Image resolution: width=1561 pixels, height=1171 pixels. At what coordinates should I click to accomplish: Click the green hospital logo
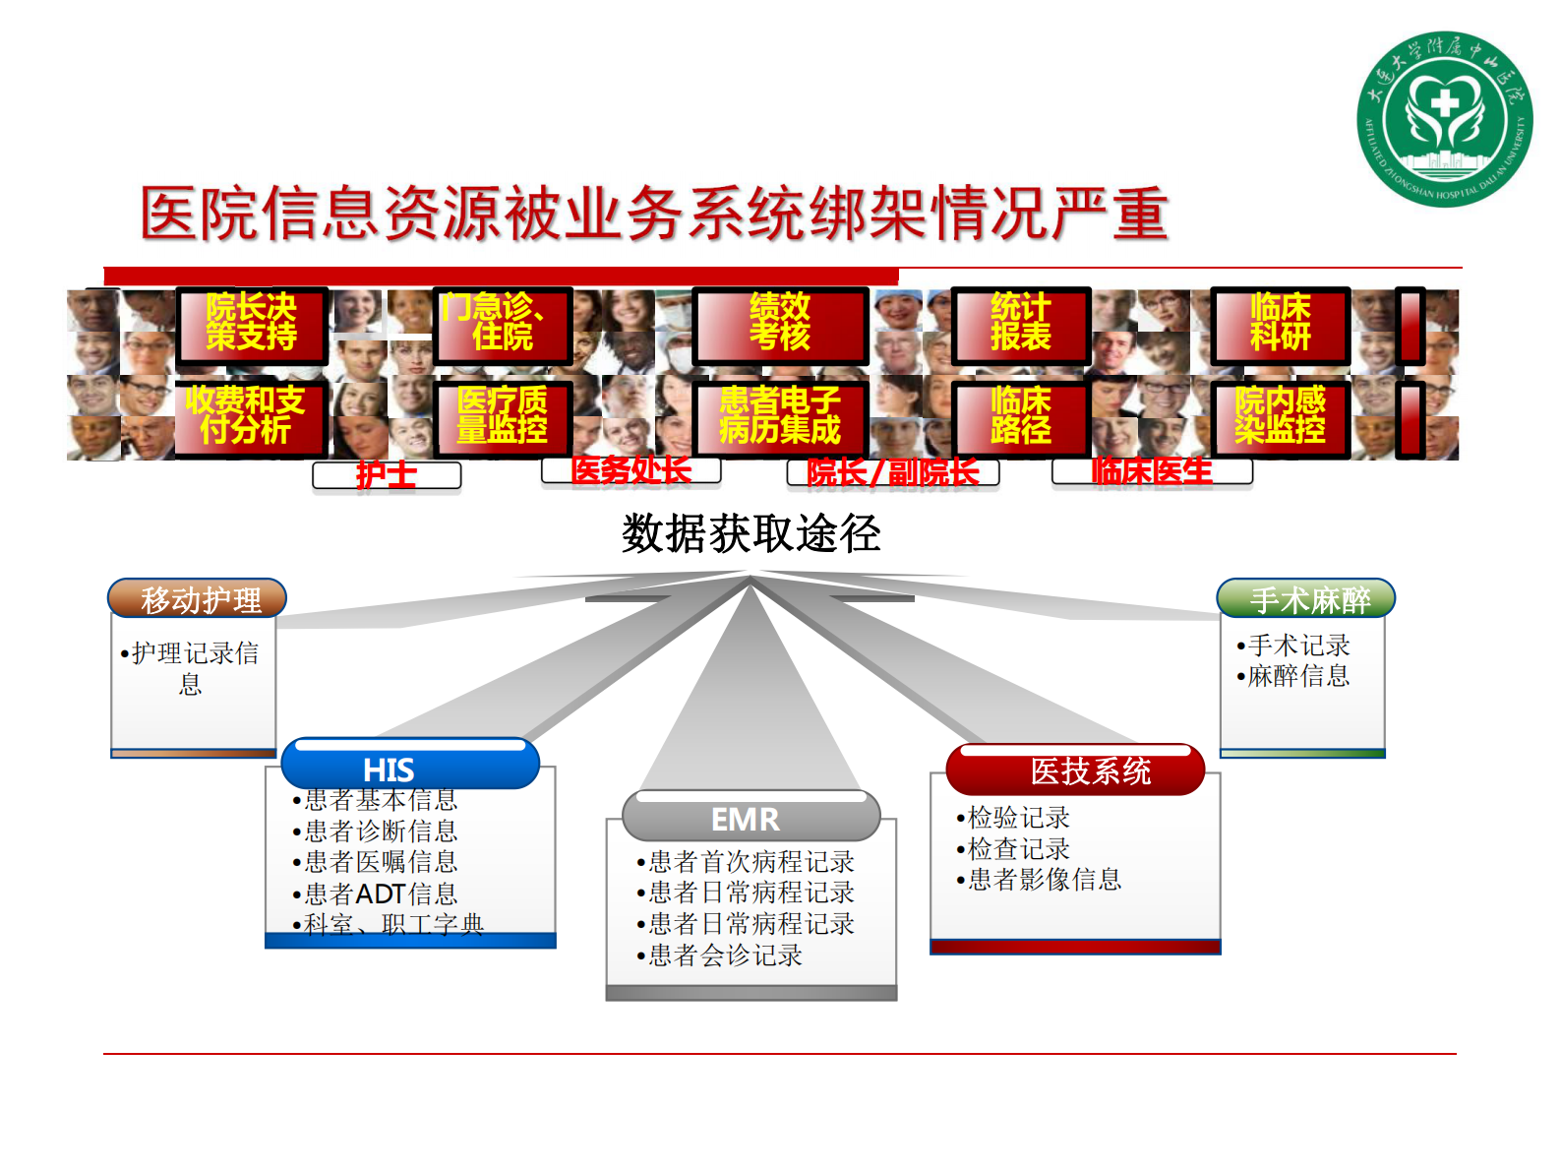[1444, 119]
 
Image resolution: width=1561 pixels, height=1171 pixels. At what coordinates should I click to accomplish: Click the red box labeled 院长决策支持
[252, 324]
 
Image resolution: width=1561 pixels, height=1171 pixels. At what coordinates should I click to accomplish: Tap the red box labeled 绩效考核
[780, 324]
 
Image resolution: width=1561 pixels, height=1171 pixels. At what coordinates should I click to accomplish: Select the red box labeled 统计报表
[1021, 324]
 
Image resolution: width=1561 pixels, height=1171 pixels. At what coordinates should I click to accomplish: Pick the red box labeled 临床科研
[1280, 324]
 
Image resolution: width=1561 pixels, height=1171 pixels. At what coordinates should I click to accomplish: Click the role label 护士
[387, 475]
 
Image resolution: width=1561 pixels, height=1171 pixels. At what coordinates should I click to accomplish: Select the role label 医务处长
[630, 470]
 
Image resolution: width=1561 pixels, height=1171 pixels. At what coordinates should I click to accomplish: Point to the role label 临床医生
[1152, 471]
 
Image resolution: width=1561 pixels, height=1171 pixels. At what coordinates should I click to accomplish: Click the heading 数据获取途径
[750, 534]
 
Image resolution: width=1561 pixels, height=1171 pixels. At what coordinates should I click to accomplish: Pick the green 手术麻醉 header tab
[1306, 598]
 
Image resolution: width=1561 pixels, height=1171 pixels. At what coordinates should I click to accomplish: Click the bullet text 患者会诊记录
[725, 955]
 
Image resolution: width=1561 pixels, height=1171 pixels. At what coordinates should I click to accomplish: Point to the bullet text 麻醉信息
[1298, 676]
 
